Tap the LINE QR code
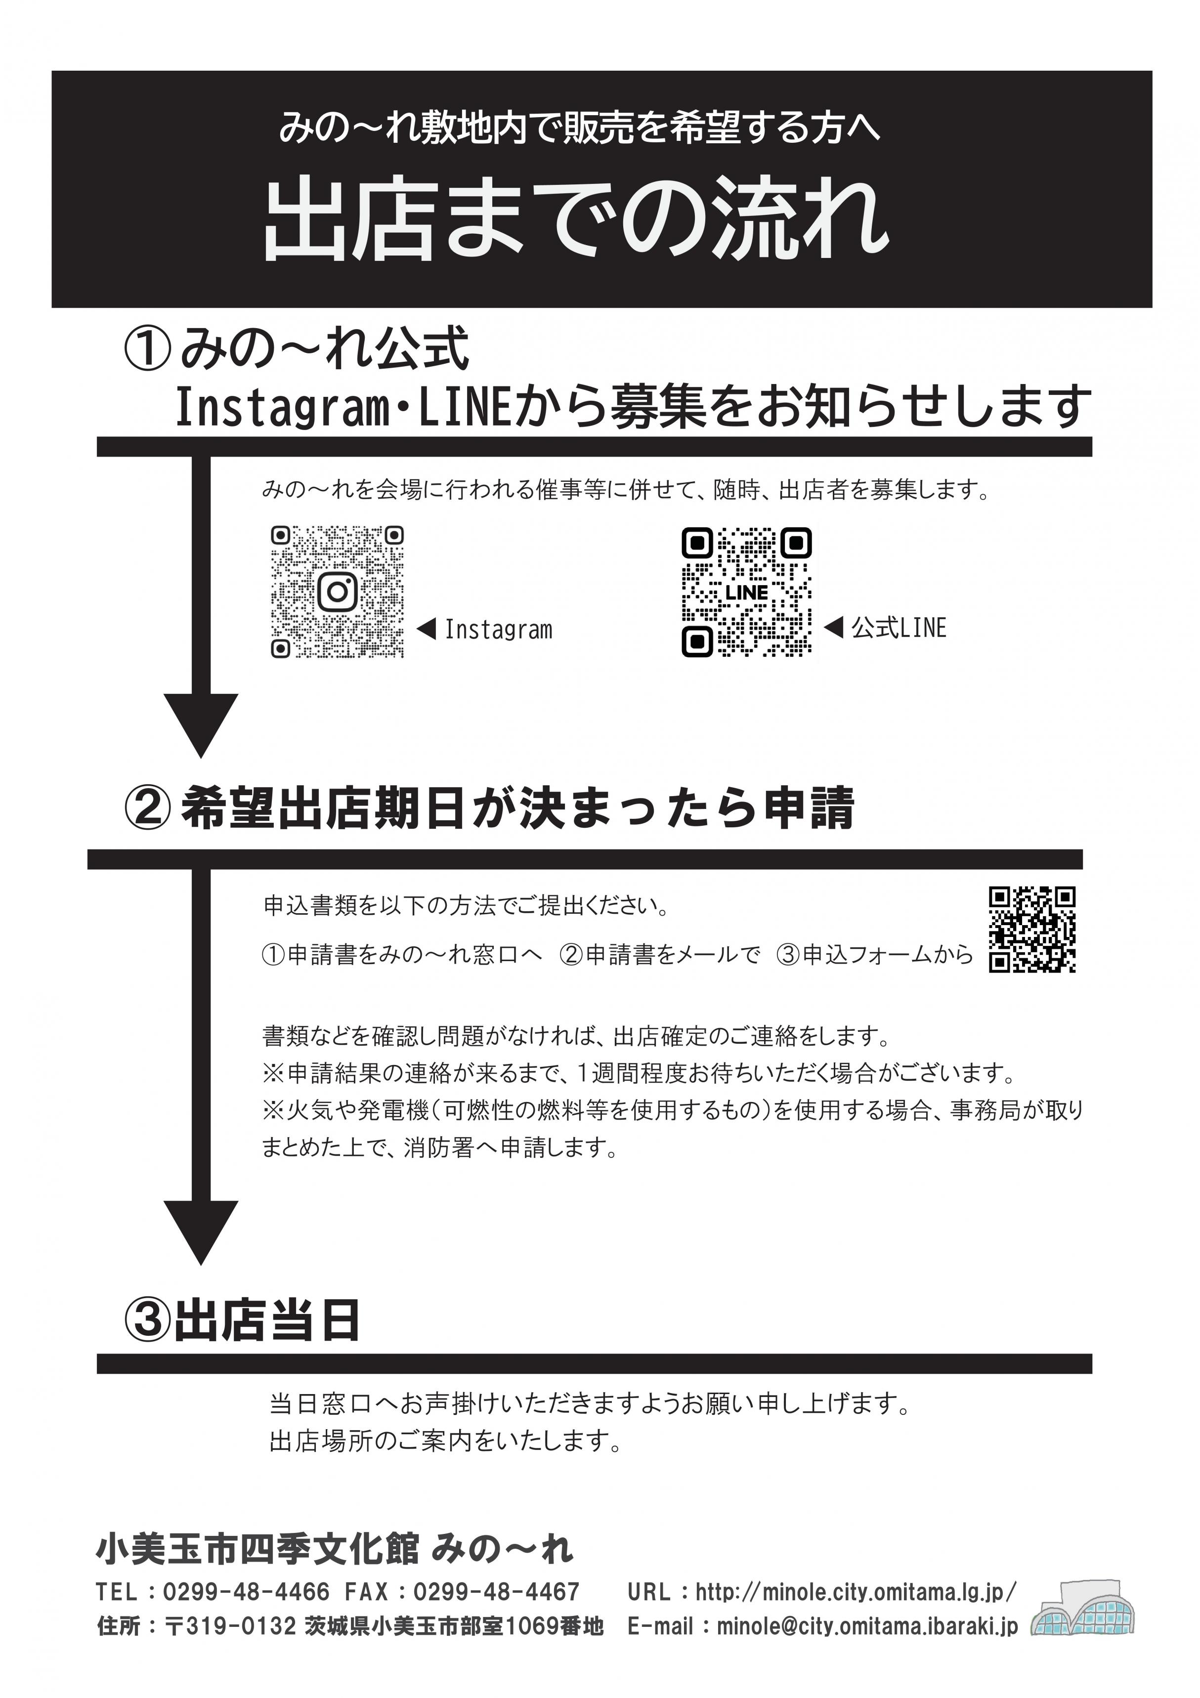[746, 592]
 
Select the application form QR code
[1031, 930]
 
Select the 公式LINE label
[898, 628]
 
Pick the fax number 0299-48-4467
[496, 1592]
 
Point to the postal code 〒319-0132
[230, 1626]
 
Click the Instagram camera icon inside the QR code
[338, 592]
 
